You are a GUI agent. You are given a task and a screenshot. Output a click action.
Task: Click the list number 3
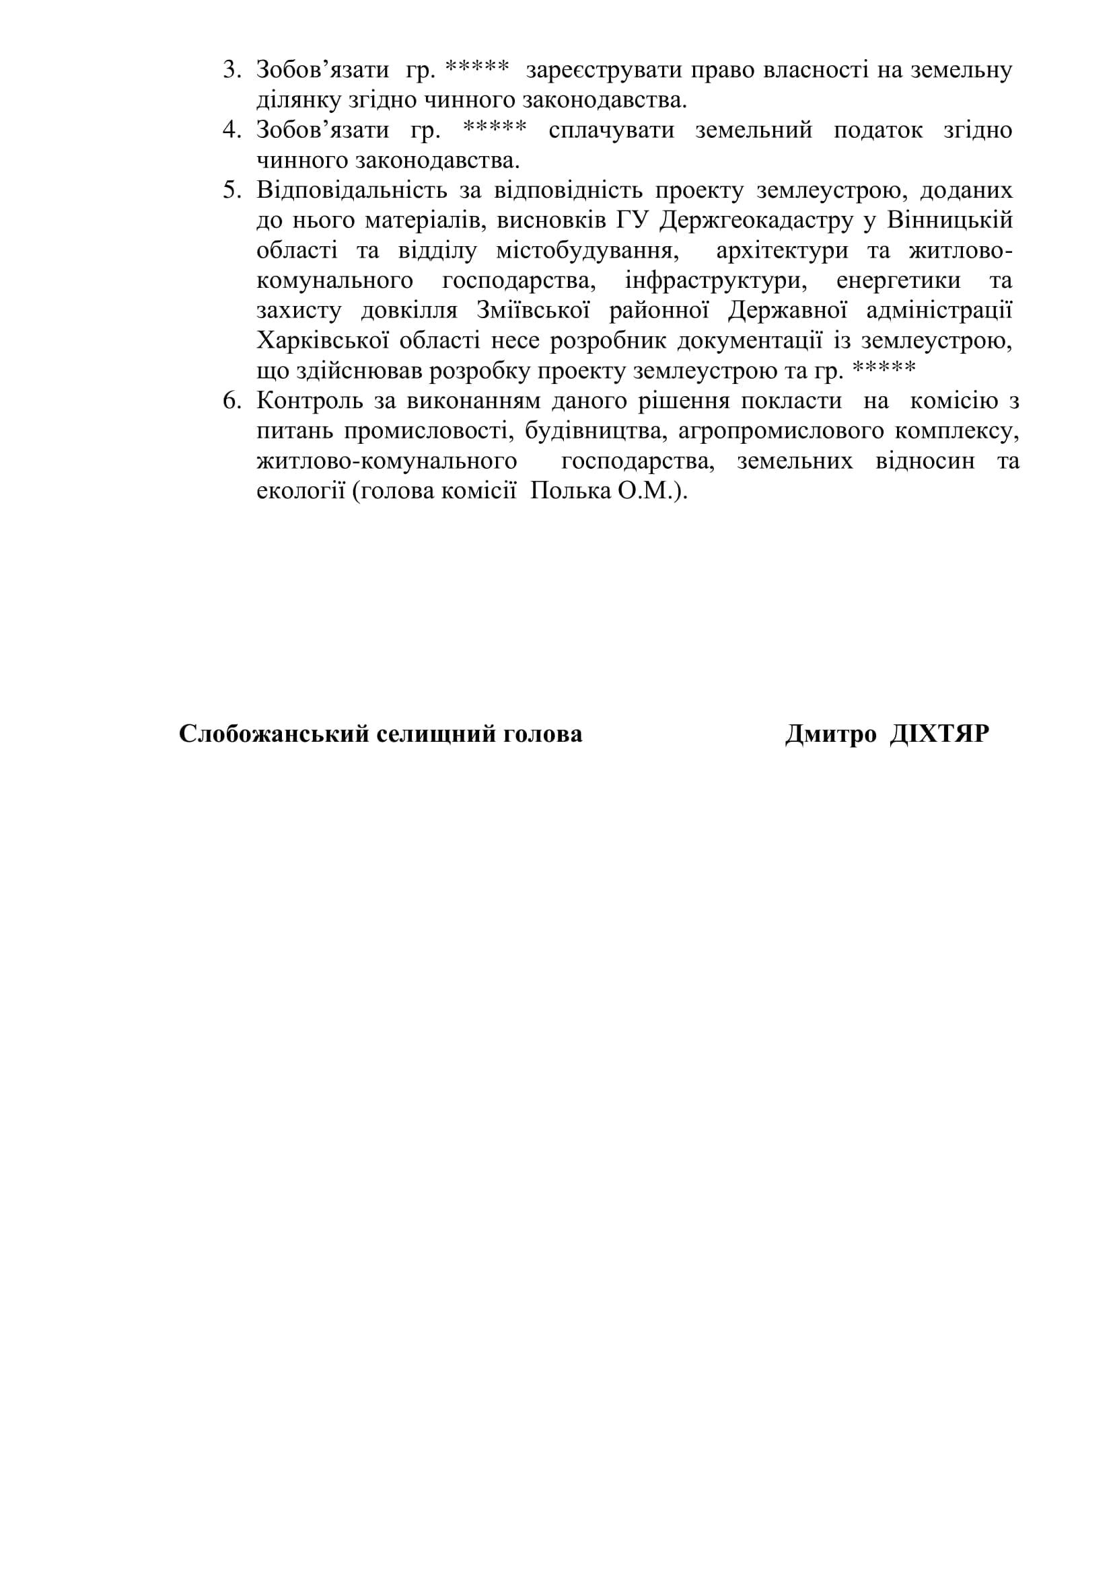pos(231,71)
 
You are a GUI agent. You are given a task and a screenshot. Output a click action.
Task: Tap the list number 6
pos(231,401)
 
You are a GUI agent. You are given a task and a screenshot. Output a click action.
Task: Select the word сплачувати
pos(611,130)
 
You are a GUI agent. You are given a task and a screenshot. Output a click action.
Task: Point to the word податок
pos(878,130)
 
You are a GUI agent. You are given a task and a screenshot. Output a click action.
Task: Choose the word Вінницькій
pos(949,221)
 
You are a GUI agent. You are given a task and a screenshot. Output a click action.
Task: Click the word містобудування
pos(587,251)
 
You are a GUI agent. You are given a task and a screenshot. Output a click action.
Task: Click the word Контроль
pos(308,401)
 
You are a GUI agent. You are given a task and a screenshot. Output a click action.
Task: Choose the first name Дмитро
pos(830,734)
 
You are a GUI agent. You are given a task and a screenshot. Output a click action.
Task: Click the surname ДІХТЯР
pos(939,734)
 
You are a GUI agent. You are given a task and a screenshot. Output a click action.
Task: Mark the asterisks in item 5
pos(884,369)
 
